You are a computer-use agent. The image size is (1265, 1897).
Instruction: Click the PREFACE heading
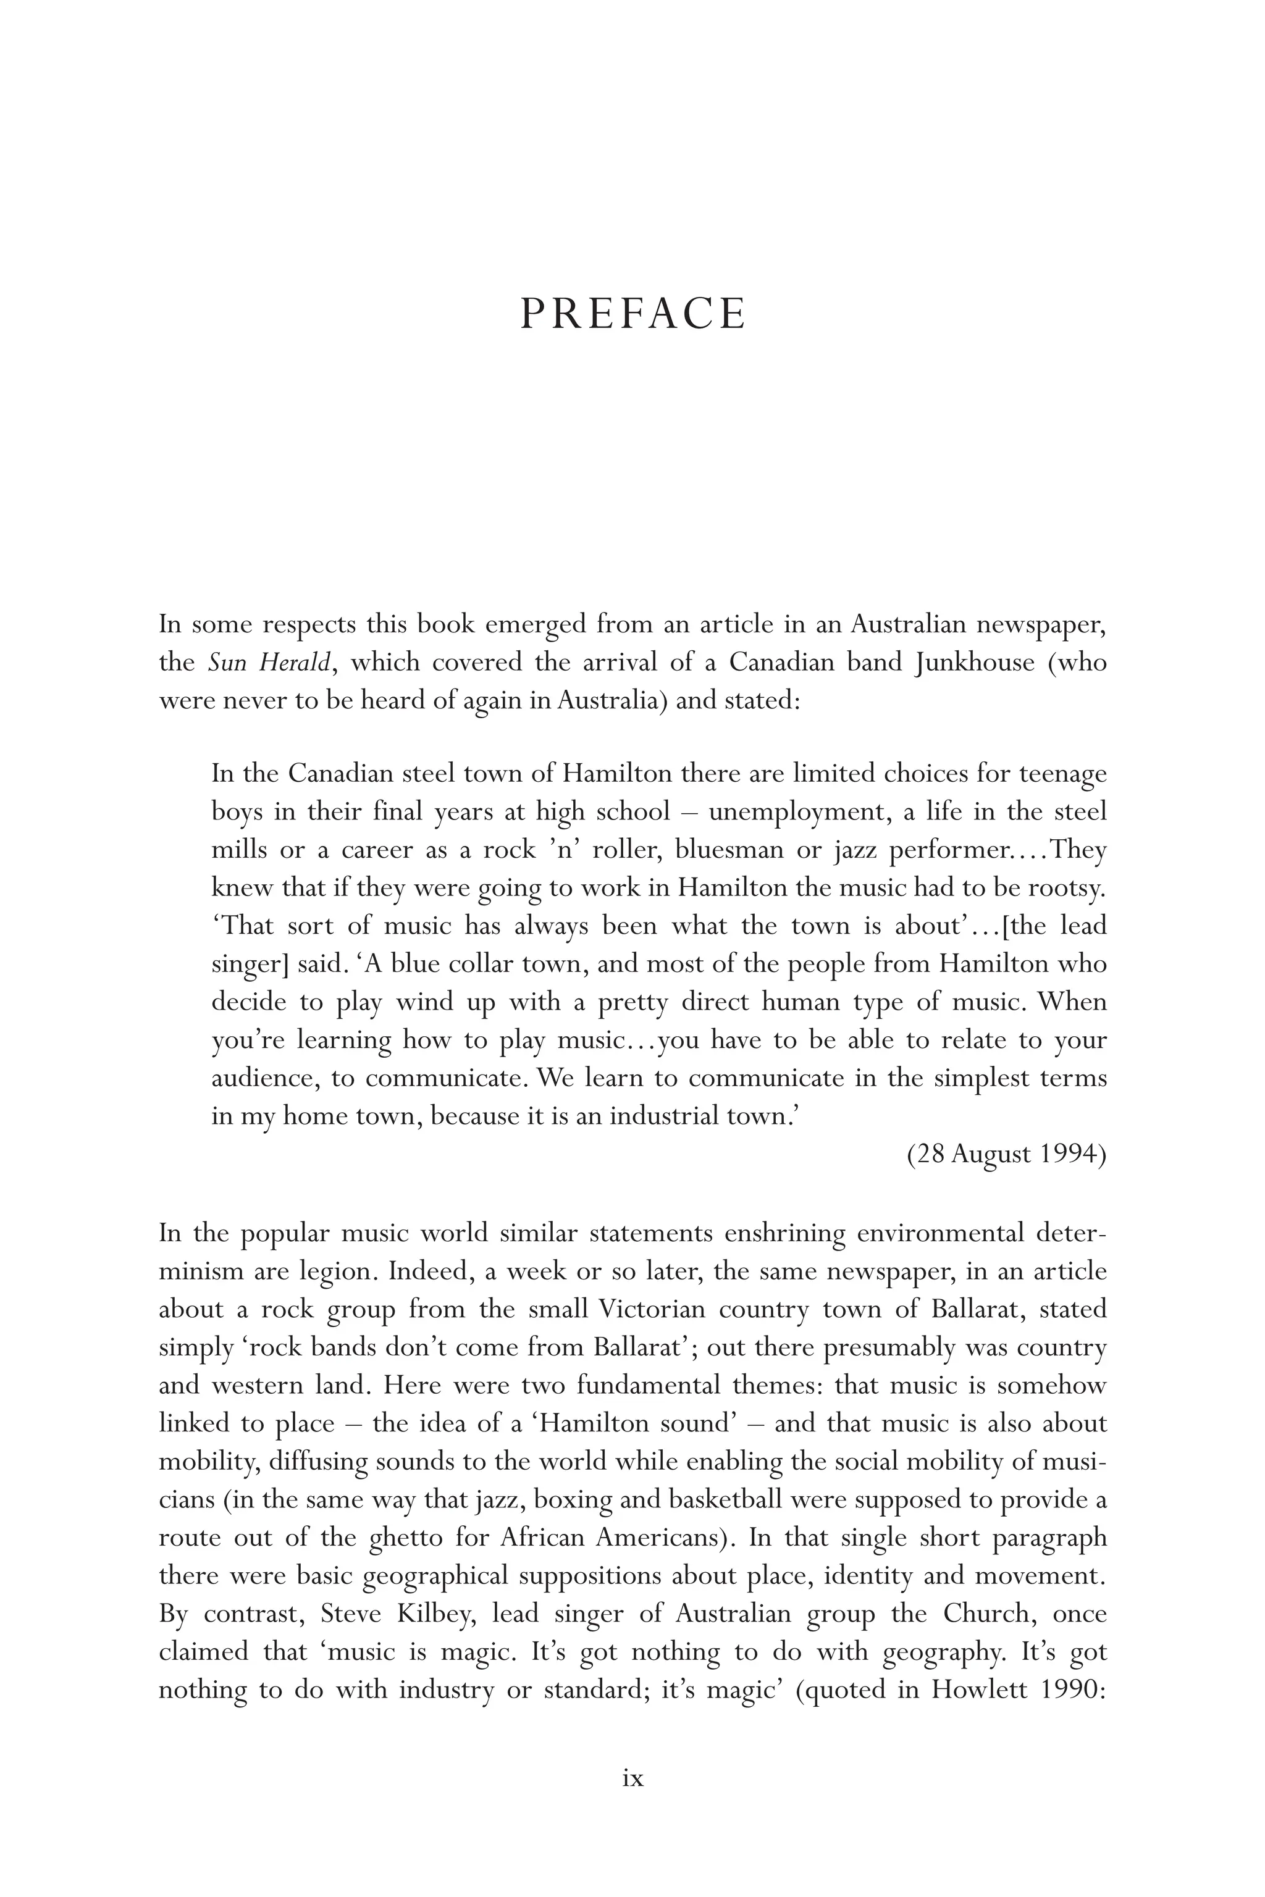pyautogui.click(x=632, y=314)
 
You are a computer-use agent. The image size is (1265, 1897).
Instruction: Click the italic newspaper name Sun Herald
pyautogui.click(x=269, y=663)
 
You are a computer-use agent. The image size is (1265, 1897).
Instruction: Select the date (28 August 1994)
pyautogui.click(x=1006, y=1154)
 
